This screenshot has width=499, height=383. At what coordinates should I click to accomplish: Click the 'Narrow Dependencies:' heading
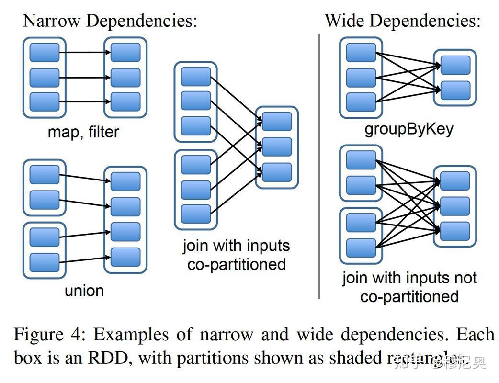click(x=110, y=21)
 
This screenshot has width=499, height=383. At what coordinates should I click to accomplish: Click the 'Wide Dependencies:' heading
click(x=402, y=21)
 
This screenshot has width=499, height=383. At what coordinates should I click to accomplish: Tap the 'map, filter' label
click(x=83, y=132)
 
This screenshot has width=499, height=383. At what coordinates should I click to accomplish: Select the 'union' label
click(x=84, y=290)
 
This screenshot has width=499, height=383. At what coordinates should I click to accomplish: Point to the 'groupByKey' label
click(x=408, y=130)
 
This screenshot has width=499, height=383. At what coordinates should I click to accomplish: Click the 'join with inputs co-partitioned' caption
click(x=236, y=255)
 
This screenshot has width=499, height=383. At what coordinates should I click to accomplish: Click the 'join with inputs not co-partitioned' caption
click(x=409, y=287)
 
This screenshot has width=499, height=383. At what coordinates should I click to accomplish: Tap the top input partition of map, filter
click(x=45, y=52)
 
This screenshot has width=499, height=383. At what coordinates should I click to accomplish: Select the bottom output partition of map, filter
click(x=125, y=101)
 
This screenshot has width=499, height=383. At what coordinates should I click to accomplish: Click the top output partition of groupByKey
click(x=455, y=65)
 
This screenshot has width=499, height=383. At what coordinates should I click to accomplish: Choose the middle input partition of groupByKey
click(x=361, y=77)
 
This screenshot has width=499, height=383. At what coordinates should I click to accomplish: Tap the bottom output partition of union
click(x=125, y=257)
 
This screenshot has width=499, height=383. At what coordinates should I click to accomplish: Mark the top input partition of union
click(x=45, y=175)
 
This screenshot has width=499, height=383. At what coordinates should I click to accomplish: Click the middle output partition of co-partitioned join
click(x=277, y=146)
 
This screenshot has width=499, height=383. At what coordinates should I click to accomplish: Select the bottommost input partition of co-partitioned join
click(x=196, y=214)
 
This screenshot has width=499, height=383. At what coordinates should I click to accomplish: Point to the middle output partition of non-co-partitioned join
click(x=455, y=206)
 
